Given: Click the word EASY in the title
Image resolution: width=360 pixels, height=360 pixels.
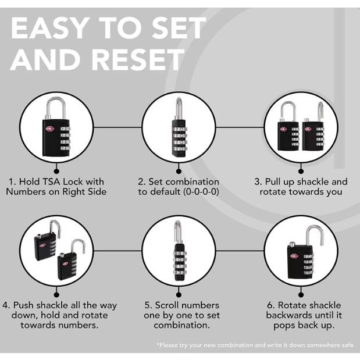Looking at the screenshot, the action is (50, 28).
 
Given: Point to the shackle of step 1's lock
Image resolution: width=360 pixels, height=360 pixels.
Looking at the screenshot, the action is (56, 108).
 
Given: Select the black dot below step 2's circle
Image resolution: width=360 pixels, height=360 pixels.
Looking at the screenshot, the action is (179, 171).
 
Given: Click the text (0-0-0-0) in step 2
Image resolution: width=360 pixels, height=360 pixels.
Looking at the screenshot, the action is (201, 192).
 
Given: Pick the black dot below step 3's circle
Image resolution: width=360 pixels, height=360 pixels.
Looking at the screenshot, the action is (301, 171).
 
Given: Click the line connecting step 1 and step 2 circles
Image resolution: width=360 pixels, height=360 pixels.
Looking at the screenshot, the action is (117, 127).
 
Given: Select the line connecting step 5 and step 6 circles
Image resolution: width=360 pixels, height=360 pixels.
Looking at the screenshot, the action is (240, 251).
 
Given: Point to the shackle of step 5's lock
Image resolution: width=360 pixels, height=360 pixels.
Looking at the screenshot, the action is (178, 232).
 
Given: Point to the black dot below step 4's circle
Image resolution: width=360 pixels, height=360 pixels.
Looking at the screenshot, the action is (56, 295).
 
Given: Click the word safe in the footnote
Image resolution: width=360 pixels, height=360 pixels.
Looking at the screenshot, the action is (345, 345).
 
